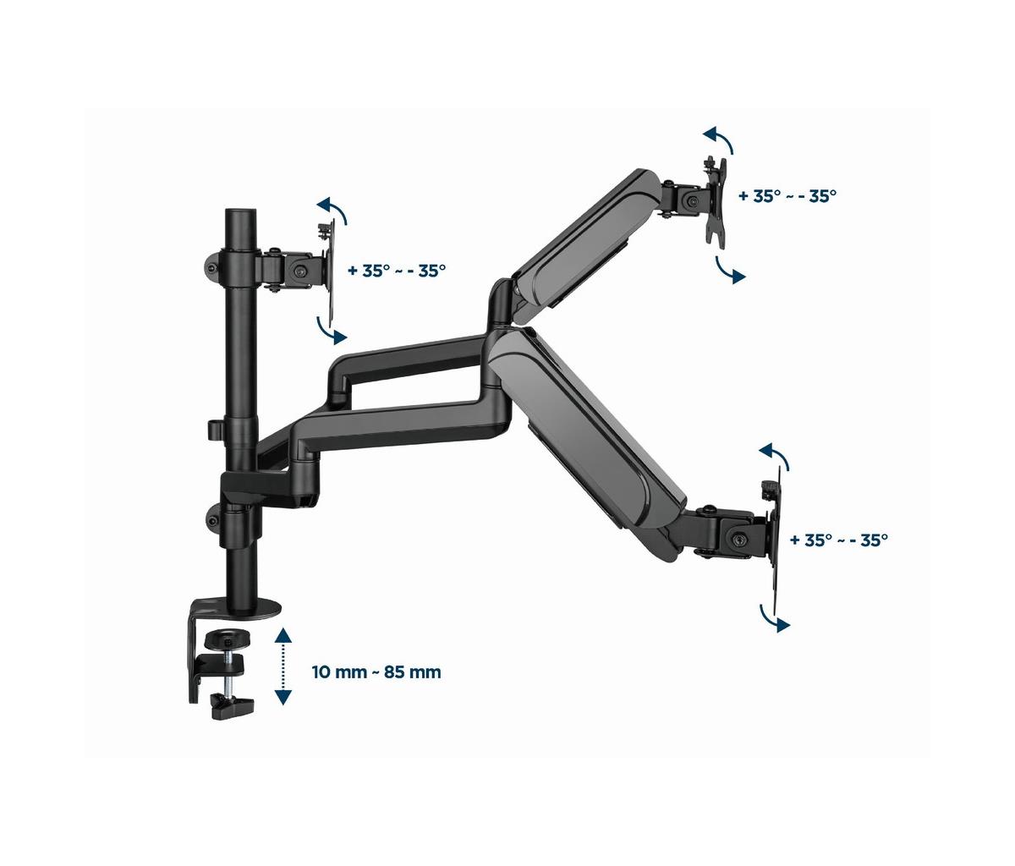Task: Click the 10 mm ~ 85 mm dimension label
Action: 376,671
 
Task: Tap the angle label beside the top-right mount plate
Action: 787,196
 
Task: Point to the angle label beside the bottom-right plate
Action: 839,540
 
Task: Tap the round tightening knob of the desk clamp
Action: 227,639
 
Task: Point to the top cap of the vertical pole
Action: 240,215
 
